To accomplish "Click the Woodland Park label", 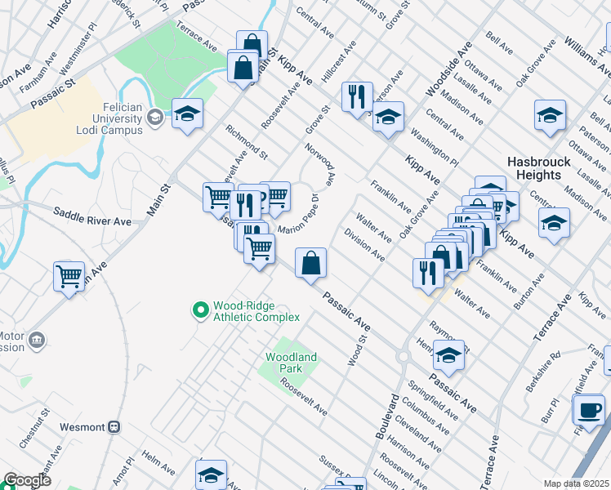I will (290, 363).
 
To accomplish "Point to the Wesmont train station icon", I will (114, 426).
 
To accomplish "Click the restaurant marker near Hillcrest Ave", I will (356, 98).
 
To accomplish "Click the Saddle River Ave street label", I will (92, 221).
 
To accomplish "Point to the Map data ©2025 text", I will (576, 483).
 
